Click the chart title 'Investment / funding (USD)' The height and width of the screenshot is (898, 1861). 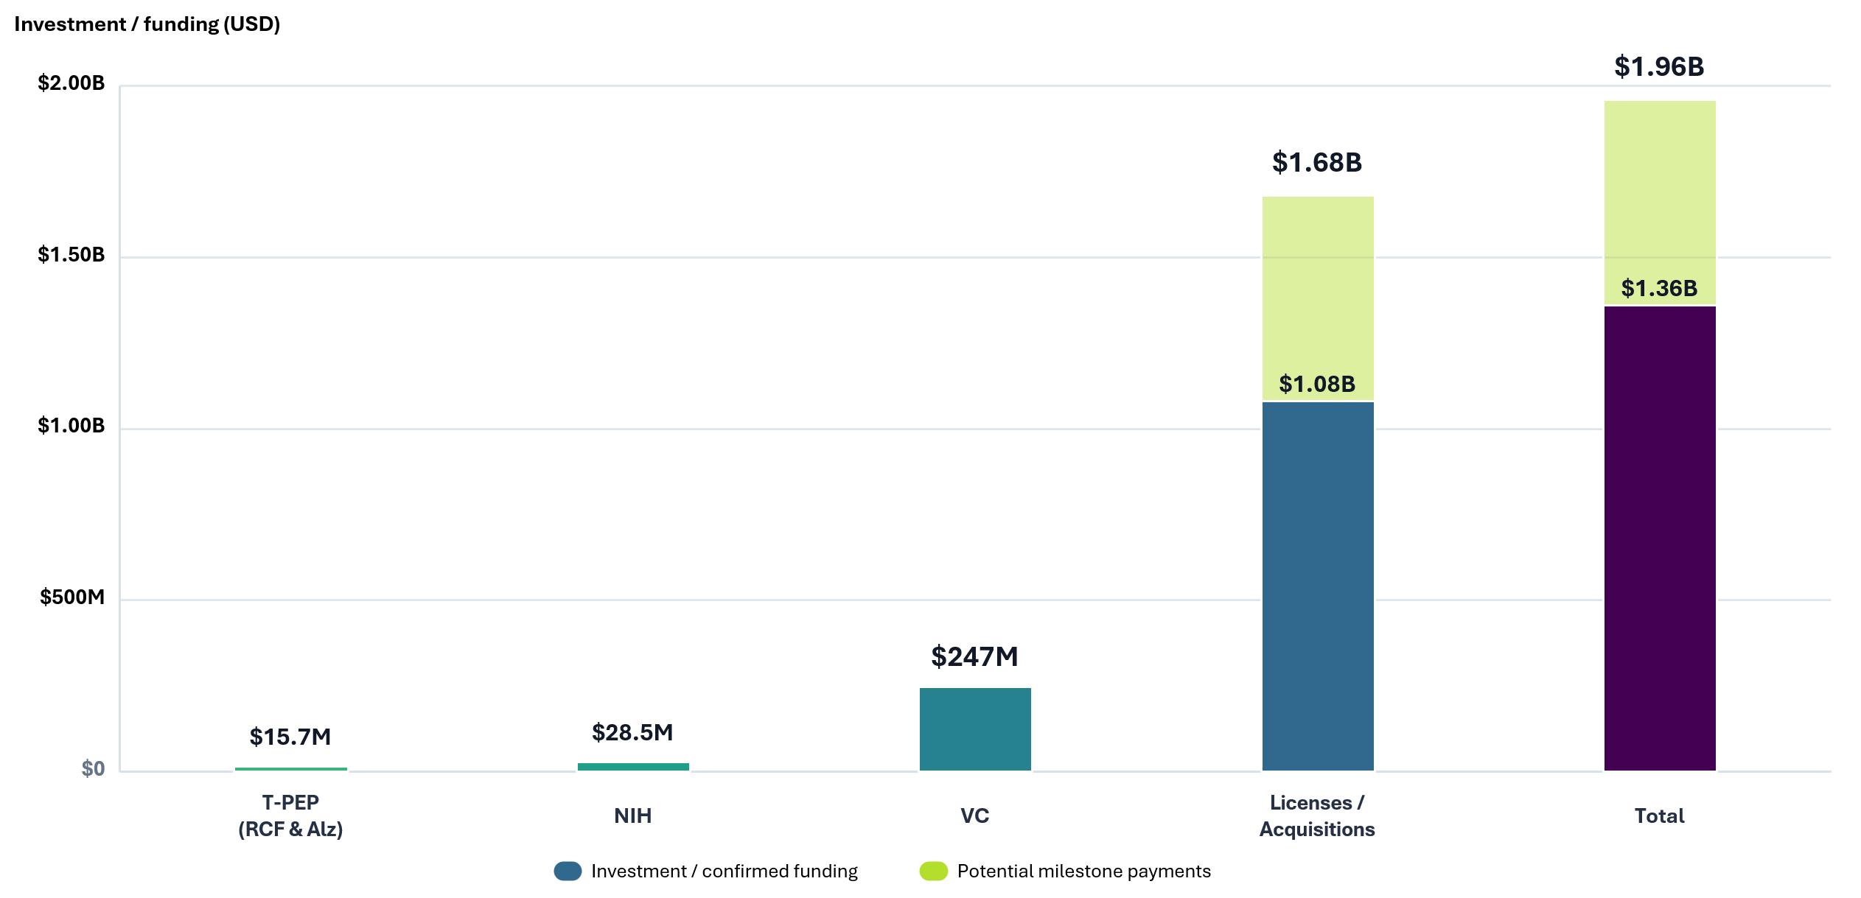pos(147,24)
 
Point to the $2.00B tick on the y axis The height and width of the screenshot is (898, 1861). pos(71,83)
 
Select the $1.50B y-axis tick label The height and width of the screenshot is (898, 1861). pos(71,255)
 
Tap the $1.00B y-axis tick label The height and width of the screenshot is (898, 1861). pos(71,426)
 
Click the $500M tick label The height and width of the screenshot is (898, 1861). pos(72,597)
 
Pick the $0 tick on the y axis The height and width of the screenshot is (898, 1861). pos(93,768)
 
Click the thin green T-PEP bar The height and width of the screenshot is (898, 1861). pos(291,768)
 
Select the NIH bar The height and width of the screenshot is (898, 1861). pos(633,766)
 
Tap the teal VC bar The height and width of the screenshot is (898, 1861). pos(975,729)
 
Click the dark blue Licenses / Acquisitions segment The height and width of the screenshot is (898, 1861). pos(1318,586)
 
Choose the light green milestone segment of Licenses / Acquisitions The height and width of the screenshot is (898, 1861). pos(1318,298)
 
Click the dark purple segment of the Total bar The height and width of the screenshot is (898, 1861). pos(1660,539)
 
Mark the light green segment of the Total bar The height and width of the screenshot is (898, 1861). pos(1660,203)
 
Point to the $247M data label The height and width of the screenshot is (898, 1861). pos(974,656)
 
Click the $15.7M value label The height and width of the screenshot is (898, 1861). pos(290,737)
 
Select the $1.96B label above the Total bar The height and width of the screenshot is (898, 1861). pos(1659,67)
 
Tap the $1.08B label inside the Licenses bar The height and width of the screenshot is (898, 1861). pos(1317,384)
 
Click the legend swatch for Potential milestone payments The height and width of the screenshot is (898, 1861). pos(933,871)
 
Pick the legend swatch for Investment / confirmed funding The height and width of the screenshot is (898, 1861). pos(568,871)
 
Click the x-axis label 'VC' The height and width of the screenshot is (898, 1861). pos(974,816)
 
